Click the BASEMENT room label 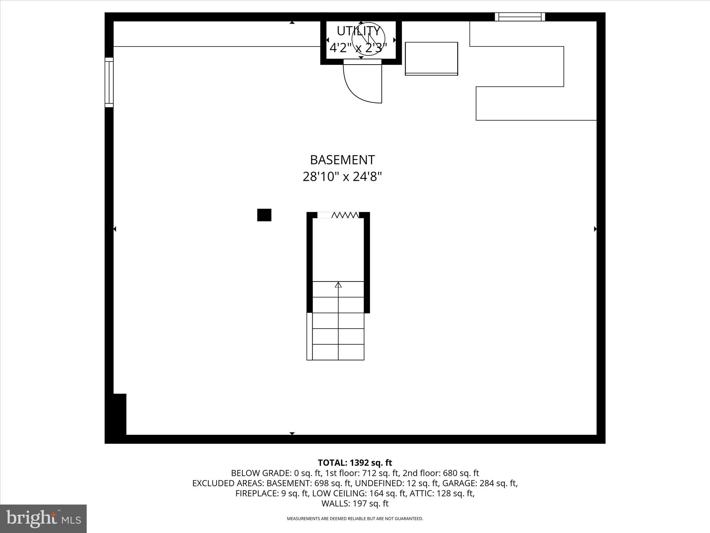tap(342, 160)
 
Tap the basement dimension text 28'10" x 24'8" tap(342, 177)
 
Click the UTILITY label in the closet tap(358, 31)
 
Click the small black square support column tap(264, 215)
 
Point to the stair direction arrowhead tap(338, 285)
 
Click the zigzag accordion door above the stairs tap(345, 215)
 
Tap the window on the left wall tap(109, 82)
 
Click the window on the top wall tap(520, 17)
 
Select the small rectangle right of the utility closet tap(431, 58)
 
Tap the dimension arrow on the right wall tap(595, 229)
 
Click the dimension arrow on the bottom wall tap(292, 433)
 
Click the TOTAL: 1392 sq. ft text tap(355, 463)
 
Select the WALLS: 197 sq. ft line tap(355, 504)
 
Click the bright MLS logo tap(43, 519)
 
